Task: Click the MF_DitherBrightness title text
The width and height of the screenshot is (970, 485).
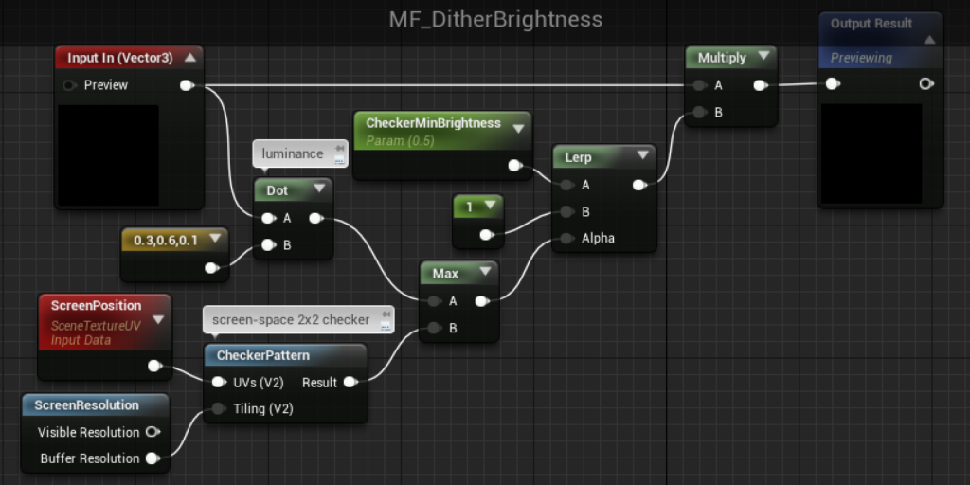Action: coord(495,20)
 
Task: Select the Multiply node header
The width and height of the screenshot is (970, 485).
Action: coord(731,58)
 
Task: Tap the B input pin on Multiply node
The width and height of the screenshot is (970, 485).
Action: coord(700,112)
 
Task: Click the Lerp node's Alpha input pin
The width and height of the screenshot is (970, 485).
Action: coord(566,238)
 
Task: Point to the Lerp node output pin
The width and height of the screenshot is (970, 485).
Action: coord(639,185)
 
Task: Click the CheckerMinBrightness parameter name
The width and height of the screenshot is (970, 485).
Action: coord(433,123)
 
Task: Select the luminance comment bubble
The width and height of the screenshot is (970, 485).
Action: coord(300,153)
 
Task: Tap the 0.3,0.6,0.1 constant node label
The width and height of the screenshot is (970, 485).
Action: coord(166,240)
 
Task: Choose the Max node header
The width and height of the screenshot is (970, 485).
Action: coord(459,273)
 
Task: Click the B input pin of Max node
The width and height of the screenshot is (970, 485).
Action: coord(435,328)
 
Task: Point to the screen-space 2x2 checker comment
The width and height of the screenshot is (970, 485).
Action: coord(298,320)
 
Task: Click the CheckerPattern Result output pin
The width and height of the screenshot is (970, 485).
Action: coord(350,383)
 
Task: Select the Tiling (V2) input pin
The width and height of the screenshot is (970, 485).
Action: coord(219,408)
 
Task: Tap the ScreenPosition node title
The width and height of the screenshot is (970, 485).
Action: coord(96,306)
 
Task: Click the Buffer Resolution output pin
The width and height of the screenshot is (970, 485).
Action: coord(153,458)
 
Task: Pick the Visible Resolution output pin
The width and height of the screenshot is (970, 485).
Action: coord(153,432)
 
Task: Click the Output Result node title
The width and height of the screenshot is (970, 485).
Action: coord(871,24)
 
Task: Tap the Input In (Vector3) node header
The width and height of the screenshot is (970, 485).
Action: coord(129,58)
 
